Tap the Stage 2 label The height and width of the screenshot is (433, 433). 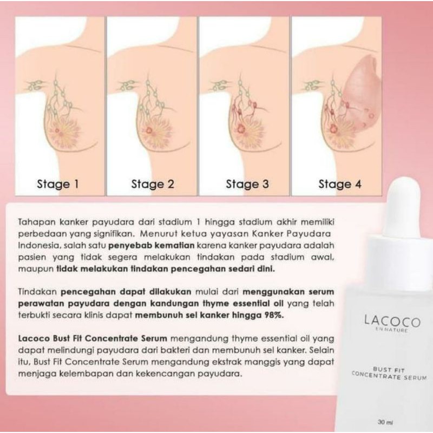coord(153,184)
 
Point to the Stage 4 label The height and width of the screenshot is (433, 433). coord(339,184)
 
